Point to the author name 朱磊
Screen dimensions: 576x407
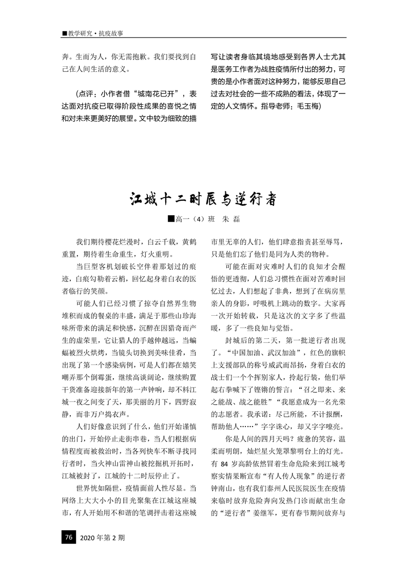230,220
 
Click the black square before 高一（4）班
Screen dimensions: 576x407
171,219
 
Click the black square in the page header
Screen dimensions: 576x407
64,33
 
